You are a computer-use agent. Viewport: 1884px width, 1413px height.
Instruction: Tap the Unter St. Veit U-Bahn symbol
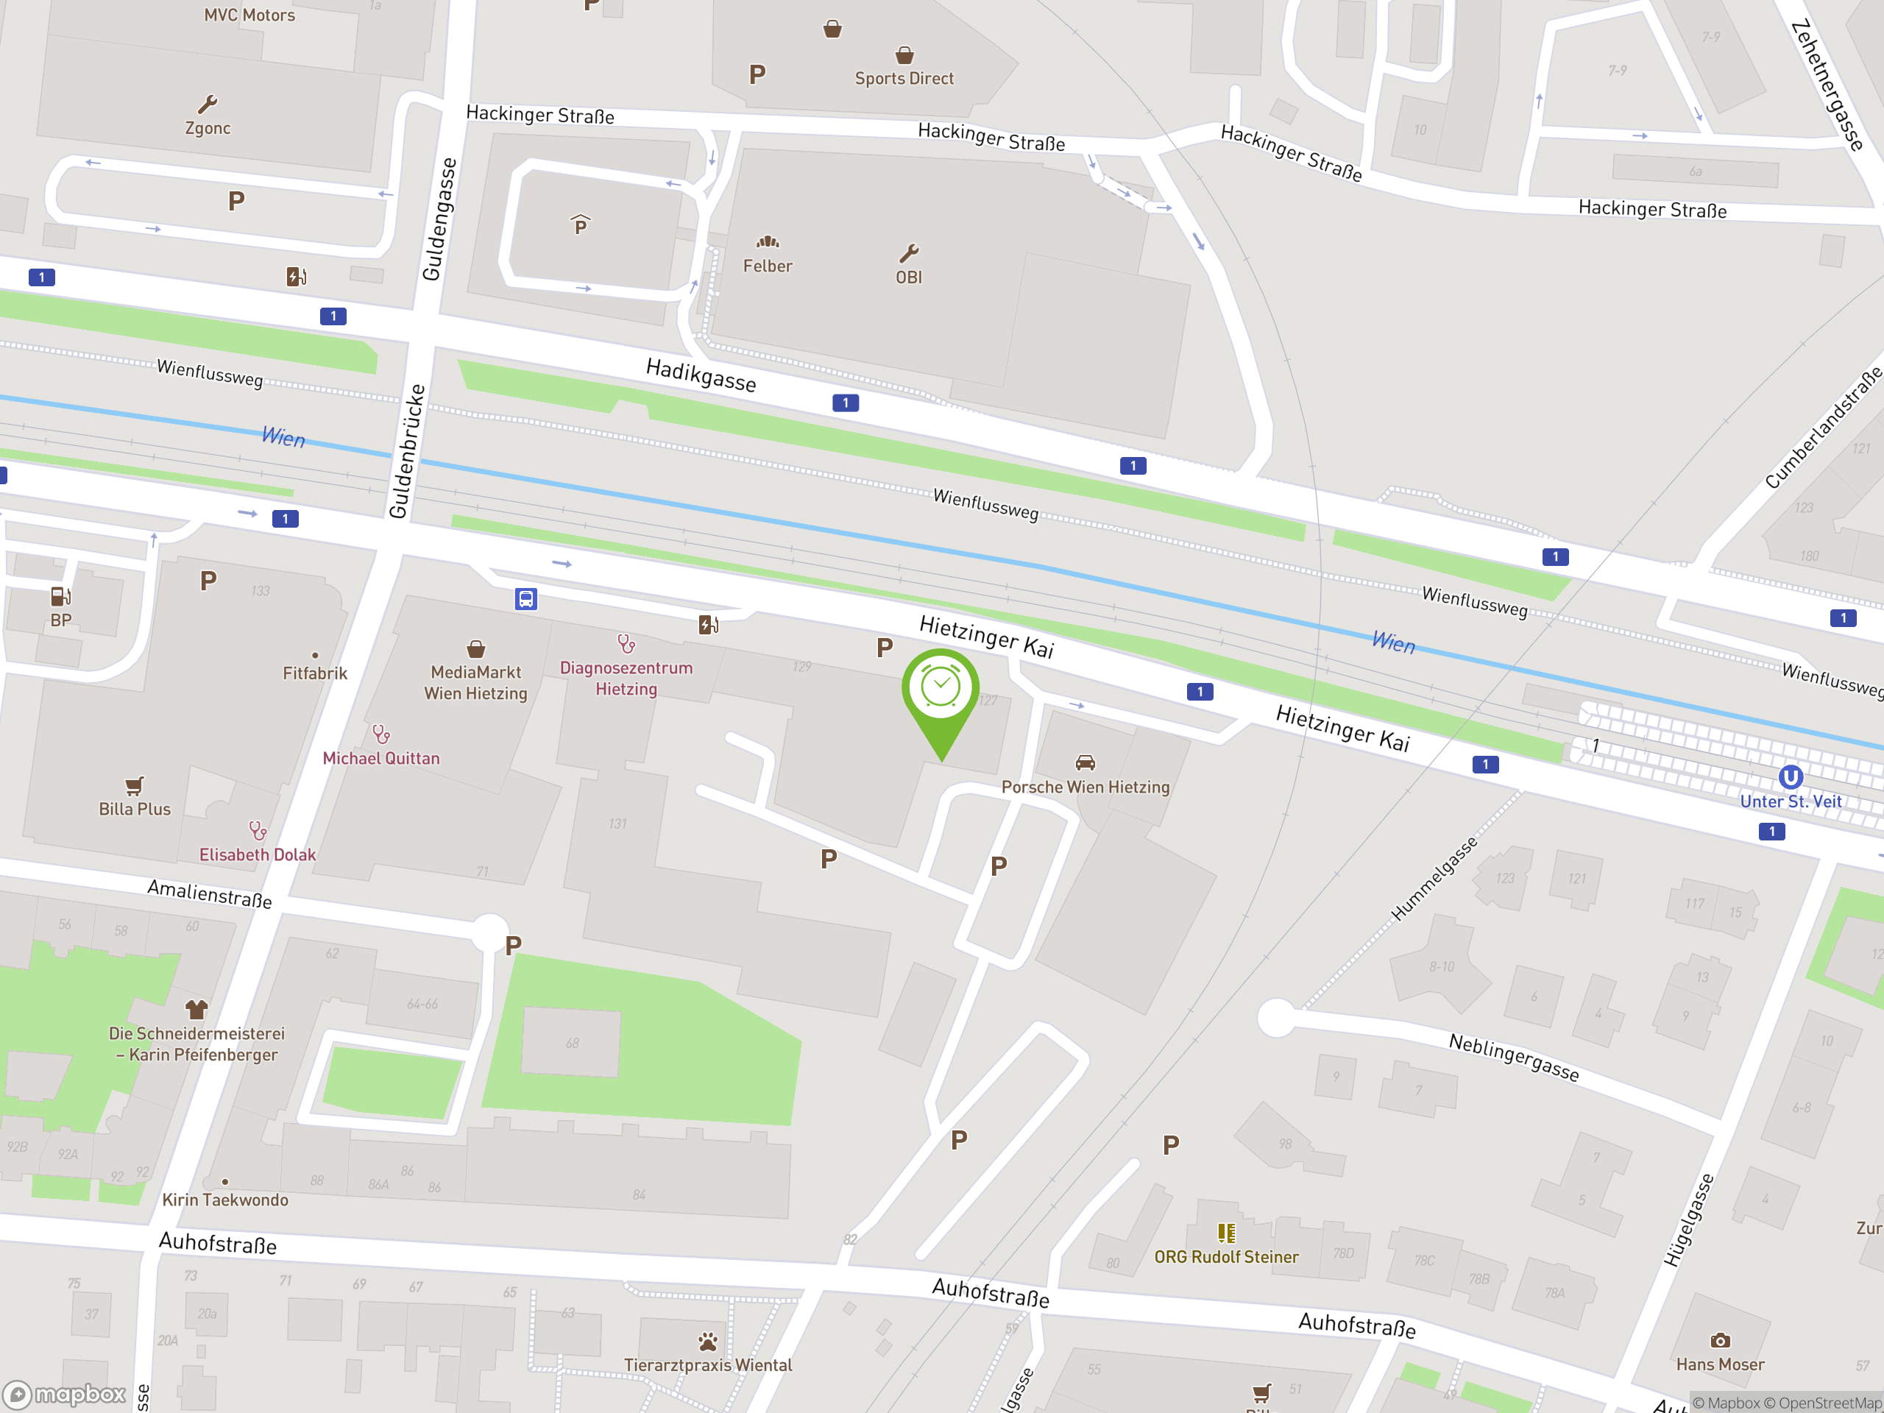[x=1791, y=776]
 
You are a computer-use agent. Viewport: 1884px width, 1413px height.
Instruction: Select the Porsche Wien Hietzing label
[x=1085, y=787]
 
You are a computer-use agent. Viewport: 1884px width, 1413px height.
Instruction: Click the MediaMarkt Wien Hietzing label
[x=476, y=683]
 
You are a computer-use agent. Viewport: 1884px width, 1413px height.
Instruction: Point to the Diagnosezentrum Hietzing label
[x=626, y=678]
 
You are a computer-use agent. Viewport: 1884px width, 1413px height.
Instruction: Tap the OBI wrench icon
[x=909, y=253]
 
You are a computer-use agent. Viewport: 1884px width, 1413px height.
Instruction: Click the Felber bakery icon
[x=768, y=243]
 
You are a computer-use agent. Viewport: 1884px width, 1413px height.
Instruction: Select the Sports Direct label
[x=904, y=78]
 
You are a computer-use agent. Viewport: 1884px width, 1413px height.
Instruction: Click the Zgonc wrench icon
[x=207, y=105]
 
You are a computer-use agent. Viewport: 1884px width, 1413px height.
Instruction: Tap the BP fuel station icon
[x=60, y=596]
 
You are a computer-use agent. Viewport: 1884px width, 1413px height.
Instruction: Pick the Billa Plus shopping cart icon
[x=135, y=785]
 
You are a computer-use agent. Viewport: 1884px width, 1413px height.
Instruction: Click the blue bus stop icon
[x=526, y=600]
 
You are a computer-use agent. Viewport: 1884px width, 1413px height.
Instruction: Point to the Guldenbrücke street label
[x=408, y=450]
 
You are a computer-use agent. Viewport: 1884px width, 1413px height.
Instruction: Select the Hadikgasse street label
[x=701, y=375]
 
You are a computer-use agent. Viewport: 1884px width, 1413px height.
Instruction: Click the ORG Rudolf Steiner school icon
[x=1225, y=1233]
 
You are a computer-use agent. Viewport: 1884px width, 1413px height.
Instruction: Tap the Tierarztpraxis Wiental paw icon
[x=708, y=1342]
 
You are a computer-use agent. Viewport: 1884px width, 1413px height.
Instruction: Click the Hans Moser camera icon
[x=1720, y=1341]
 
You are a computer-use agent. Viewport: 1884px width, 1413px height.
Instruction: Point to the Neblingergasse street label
[x=1514, y=1057]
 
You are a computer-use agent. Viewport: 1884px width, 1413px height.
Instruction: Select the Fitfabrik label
[x=315, y=673]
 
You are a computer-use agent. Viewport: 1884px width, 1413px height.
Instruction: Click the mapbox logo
[x=65, y=1395]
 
